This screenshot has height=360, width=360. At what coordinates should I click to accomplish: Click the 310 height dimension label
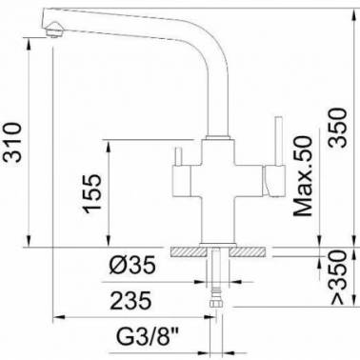point(12,142)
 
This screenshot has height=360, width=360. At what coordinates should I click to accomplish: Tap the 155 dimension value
point(92,193)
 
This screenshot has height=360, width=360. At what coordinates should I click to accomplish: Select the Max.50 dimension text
point(303,176)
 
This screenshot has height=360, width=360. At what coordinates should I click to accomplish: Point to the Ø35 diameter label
point(132,265)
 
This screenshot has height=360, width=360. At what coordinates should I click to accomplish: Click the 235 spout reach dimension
point(130,301)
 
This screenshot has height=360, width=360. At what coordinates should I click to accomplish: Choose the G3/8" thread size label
point(148,338)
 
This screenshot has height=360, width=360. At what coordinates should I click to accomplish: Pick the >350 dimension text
point(337,277)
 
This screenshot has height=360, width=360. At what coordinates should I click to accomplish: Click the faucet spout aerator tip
point(54,30)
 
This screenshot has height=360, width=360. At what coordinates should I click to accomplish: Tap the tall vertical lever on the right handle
point(278,141)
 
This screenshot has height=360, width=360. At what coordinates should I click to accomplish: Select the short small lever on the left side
point(178,156)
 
